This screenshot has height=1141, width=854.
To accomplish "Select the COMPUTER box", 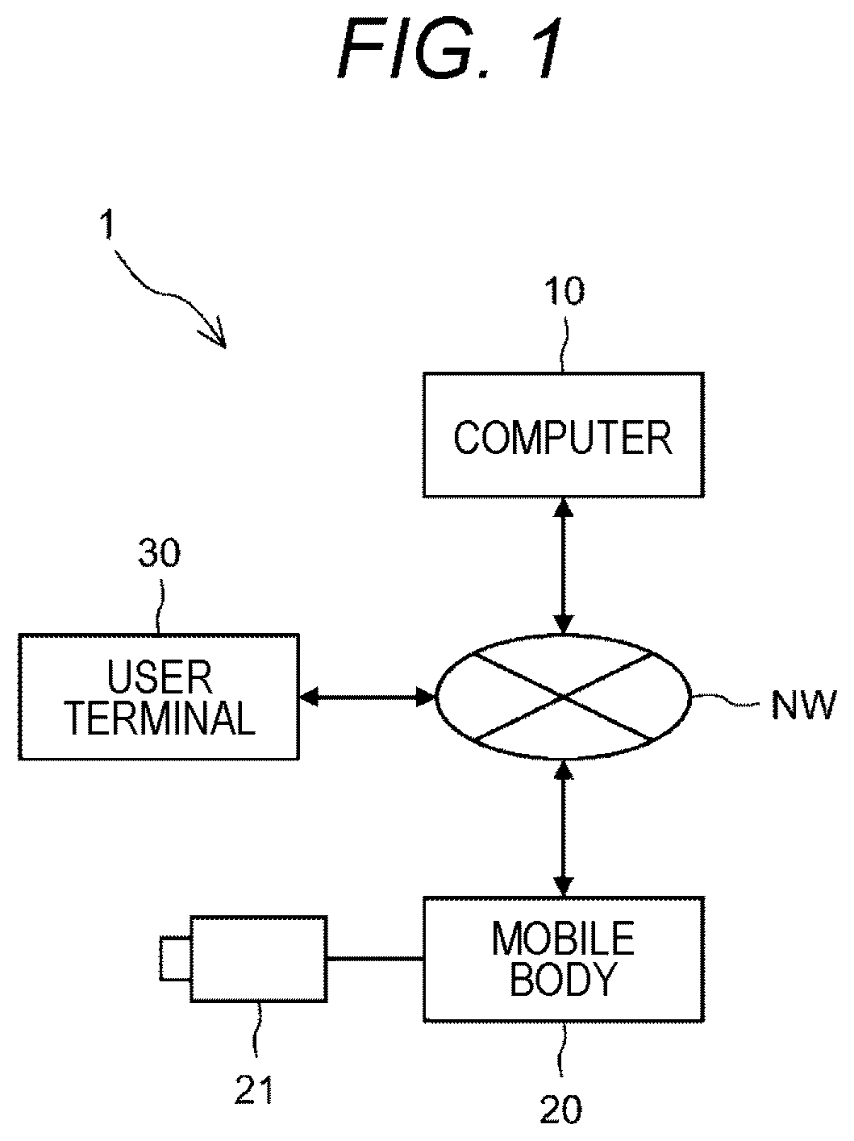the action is point(564,435).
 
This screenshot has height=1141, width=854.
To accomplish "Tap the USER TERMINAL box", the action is point(159,697).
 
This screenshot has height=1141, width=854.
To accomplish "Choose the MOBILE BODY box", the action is point(564,960).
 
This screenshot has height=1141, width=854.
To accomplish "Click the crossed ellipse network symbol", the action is point(564,697).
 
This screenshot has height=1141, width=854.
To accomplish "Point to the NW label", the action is point(803,705).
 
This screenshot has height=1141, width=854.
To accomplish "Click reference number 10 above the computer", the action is point(564,291).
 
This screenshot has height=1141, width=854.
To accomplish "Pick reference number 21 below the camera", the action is point(254,1089).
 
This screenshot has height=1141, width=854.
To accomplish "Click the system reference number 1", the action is point(107,224).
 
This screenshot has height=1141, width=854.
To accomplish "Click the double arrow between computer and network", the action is point(564,565).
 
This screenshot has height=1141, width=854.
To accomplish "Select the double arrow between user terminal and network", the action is point(367,697).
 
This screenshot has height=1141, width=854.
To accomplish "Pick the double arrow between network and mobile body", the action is point(564,829).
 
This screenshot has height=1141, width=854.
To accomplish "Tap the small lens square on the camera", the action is point(175,958).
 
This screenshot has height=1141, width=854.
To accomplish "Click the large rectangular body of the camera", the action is point(259,958).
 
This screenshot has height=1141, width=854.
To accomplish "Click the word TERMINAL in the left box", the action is point(161,718).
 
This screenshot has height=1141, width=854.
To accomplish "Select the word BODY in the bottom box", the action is point(564,980).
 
